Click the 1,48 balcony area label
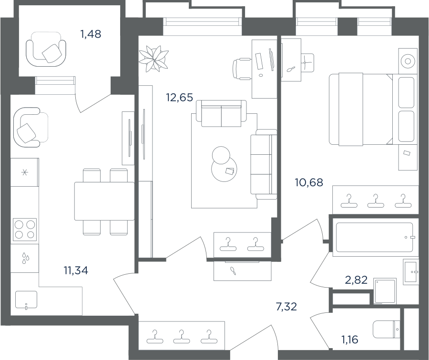(x=91, y=34)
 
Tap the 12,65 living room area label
(x=180, y=97)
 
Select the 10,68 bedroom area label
(x=309, y=182)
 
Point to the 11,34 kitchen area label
(x=76, y=270)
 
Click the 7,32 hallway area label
(x=286, y=307)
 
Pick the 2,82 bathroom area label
(x=356, y=280)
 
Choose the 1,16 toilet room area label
(x=349, y=340)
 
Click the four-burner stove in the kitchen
(x=25, y=229)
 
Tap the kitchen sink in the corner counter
(x=26, y=300)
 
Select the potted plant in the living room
(x=153, y=59)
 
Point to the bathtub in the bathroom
(x=375, y=237)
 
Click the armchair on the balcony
(x=46, y=49)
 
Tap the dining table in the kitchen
(x=104, y=201)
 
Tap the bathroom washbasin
(x=410, y=272)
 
